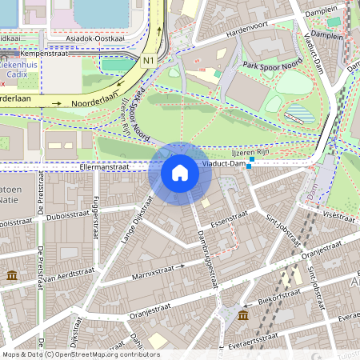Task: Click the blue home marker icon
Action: pos(180,173)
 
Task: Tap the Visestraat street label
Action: pos(339,215)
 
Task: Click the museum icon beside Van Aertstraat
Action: pos(12,275)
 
